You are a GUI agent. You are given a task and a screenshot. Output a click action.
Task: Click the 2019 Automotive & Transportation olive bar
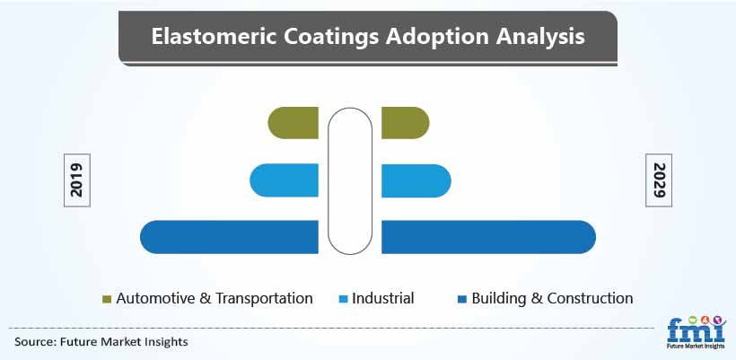(x=293, y=123)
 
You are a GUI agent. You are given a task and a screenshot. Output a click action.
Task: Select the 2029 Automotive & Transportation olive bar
(x=405, y=123)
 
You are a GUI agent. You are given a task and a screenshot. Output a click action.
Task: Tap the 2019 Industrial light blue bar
(x=284, y=180)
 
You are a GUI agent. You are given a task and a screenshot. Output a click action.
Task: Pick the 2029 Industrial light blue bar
(x=416, y=180)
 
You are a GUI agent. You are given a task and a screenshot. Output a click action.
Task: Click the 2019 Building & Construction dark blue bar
(x=229, y=237)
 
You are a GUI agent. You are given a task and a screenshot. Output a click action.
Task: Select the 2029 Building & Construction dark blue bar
(x=488, y=237)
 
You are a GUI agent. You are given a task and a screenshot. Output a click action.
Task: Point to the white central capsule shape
(x=350, y=181)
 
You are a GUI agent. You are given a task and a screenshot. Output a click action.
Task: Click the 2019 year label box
(x=77, y=180)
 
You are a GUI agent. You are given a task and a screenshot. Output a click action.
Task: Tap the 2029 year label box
(x=659, y=180)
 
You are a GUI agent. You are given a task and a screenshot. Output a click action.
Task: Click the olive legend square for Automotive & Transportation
(x=107, y=299)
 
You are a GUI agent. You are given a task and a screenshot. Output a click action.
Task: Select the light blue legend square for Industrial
(x=343, y=299)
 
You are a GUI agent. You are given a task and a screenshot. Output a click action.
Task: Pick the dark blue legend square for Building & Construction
(x=462, y=299)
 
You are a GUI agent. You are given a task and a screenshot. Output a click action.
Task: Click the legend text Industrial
(x=383, y=298)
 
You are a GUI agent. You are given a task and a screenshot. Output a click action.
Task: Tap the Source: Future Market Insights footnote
(x=101, y=342)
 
